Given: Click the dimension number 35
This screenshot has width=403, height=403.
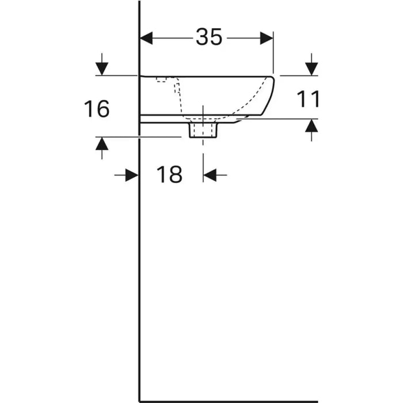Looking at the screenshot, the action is click(x=208, y=37).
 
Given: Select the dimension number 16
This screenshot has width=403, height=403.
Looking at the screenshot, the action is click(x=97, y=109).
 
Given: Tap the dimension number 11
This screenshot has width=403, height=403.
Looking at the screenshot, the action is click(x=308, y=99).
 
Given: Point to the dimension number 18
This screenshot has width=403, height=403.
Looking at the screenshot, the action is click(x=169, y=174).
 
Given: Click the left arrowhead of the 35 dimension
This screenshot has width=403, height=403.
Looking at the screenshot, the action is click(x=146, y=39).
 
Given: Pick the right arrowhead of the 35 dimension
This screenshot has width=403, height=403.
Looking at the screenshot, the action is click(x=267, y=39).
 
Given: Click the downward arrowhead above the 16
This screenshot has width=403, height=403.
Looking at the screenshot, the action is click(x=102, y=69).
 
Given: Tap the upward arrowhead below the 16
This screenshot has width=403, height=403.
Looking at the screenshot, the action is click(x=102, y=144).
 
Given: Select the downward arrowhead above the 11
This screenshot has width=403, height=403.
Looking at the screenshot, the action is click(x=311, y=69).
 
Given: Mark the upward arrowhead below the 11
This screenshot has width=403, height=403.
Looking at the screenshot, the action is click(x=311, y=126).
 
